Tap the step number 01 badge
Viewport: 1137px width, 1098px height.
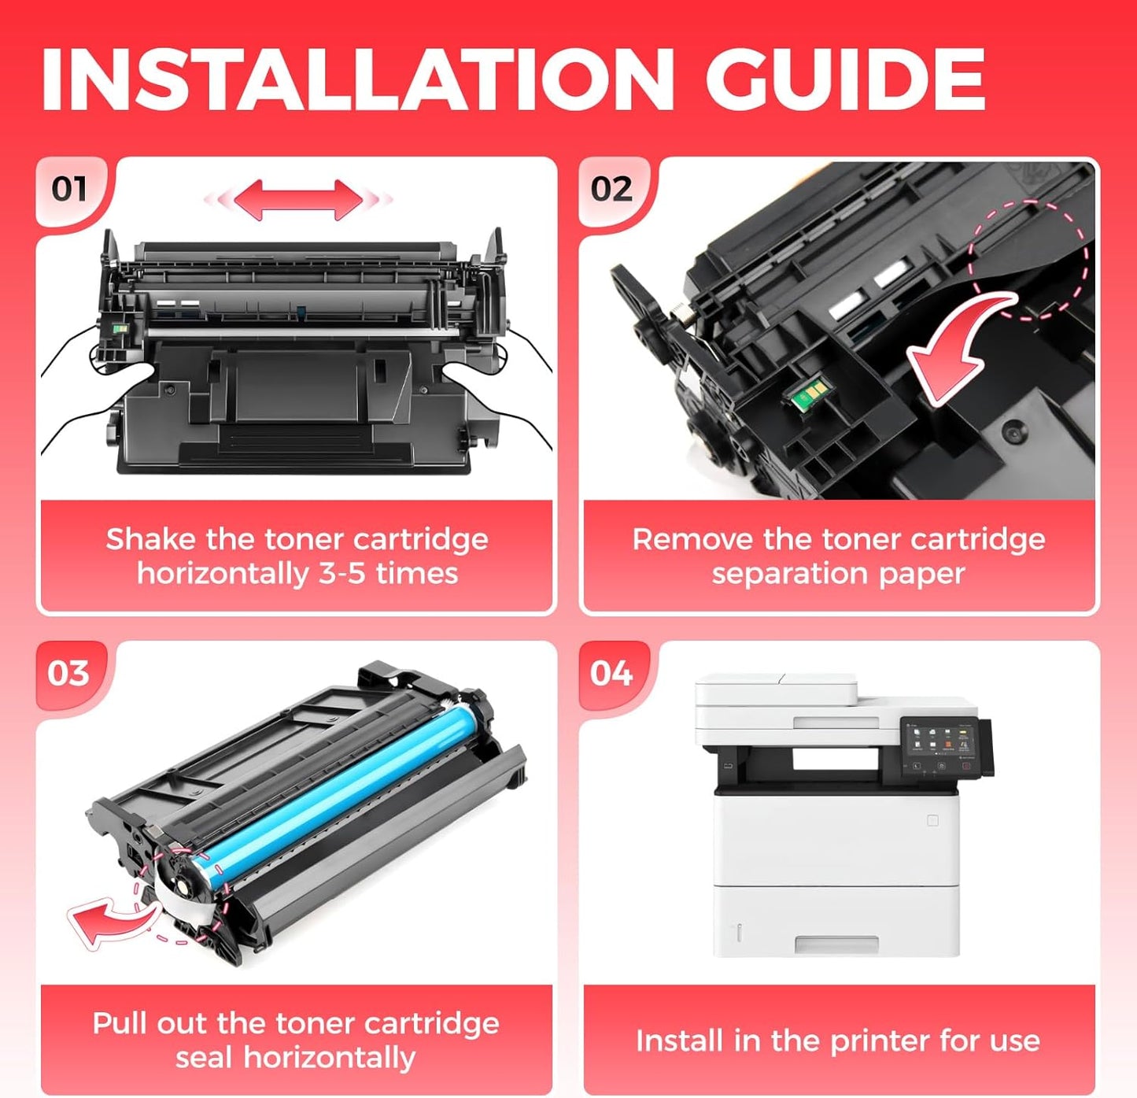69,190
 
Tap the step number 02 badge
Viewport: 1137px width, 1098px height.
611,190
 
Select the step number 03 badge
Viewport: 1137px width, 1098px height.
68,674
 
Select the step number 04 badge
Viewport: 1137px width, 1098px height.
611,674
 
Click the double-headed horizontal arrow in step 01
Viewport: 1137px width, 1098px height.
298,200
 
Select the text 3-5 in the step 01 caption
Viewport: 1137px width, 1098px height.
341,574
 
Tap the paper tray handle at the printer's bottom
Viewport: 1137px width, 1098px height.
836,944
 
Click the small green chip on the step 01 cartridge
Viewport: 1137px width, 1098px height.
120,328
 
